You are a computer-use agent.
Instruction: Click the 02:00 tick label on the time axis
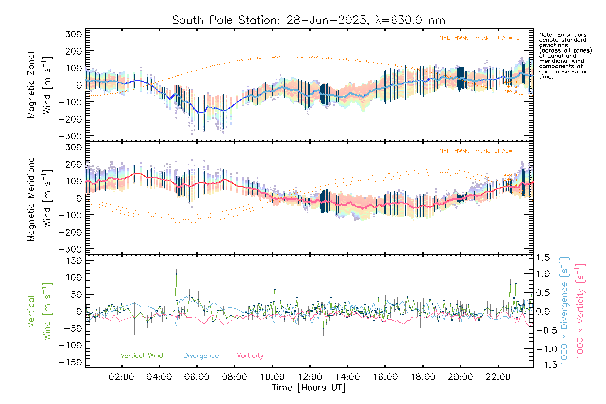click(x=122, y=377)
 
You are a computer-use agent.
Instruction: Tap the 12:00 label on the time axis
click(x=310, y=377)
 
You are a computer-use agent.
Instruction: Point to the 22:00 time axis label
click(x=498, y=377)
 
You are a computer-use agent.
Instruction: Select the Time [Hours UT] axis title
click(x=309, y=388)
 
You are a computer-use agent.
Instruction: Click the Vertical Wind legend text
click(x=141, y=355)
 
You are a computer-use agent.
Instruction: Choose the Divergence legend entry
click(x=201, y=355)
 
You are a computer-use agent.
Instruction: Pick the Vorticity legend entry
click(x=250, y=355)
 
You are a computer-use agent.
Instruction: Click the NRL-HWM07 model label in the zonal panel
click(x=479, y=38)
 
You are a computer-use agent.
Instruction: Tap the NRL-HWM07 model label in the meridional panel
click(x=479, y=151)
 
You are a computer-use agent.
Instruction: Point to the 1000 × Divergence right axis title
click(x=564, y=310)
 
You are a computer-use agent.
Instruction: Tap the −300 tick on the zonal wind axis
click(x=70, y=136)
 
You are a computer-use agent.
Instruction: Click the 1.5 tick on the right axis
click(x=543, y=258)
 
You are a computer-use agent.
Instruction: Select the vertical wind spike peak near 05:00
click(x=176, y=274)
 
